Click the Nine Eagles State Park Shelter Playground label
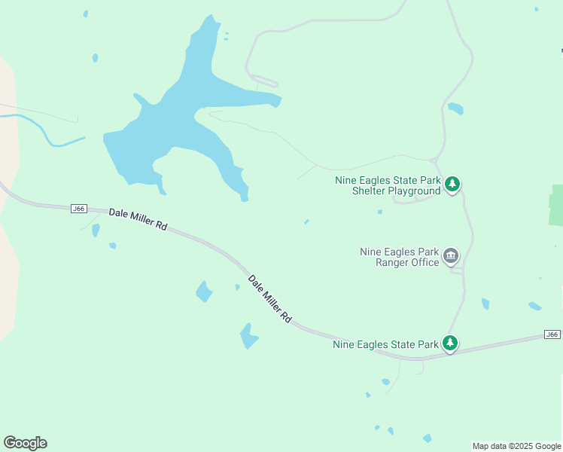click(x=388, y=185)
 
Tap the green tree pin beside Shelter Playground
click(x=452, y=183)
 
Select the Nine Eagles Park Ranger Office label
click(x=399, y=257)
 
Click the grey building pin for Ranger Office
click(x=451, y=255)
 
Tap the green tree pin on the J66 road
click(x=450, y=344)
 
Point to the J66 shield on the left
click(x=78, y=208)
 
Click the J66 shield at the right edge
click(x=552, y=334)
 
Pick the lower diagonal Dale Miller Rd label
click(x=269, y=298)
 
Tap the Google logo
click(x=25, y=443)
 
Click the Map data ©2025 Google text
click(x=516, y=446)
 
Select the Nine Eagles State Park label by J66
click(x=385, y=344)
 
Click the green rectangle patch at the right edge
click(x=556, y=205)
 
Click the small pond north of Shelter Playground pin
click(x=455, y=108)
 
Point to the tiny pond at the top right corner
click(x=536, y=10)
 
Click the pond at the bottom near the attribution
click(x=428, y=438)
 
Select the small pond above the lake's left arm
click(x=95, y=57)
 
